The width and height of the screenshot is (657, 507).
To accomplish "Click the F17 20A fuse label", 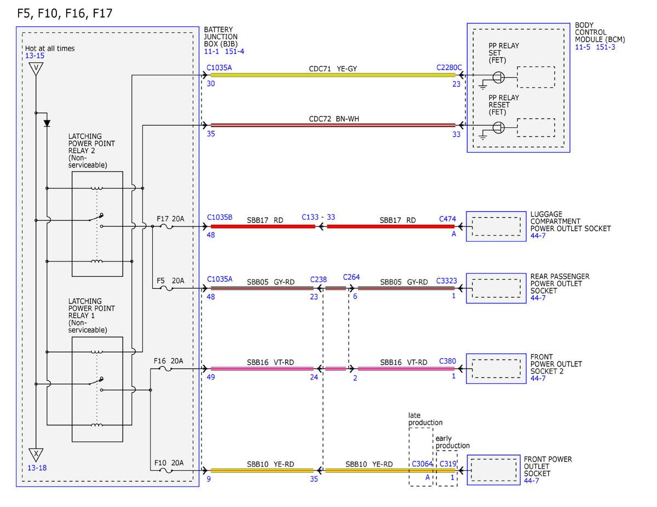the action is tap(170, 219).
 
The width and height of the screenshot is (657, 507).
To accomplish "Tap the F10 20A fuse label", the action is tap(169, 463).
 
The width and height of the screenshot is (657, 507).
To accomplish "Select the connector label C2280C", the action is tap(449, 68).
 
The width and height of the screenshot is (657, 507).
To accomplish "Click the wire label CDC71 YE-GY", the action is tap(332, 69).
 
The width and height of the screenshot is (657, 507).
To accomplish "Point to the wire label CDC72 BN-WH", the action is tap(334, 119).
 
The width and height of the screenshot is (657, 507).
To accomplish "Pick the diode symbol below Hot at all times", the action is tap(47, 123).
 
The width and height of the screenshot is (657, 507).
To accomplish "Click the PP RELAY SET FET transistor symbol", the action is tap(498, 77).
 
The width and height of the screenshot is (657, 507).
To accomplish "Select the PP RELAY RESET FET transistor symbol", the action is tap(498, 127).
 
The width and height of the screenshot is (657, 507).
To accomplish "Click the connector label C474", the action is tap(447, 219).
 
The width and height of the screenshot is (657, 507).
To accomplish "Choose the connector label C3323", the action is tap(446, 281).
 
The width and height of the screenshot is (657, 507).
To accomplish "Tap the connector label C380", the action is tap(447, 361).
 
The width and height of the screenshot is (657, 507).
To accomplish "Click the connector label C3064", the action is tap(422, 464).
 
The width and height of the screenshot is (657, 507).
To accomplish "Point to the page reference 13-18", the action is tap(37, 468).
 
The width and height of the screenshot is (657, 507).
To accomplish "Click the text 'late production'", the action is tap(425, 419).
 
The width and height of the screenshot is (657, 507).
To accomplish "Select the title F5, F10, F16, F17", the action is tap(65, 13).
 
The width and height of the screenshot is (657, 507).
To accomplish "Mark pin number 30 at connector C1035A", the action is tap(211, 84).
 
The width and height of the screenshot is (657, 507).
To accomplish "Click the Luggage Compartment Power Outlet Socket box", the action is tap(496, 226).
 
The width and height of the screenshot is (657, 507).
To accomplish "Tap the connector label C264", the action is tap(351, 277).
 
